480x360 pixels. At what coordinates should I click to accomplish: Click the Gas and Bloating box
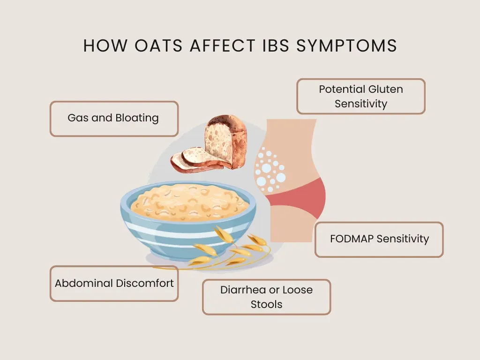114,119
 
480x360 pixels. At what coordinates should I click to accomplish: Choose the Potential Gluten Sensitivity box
361,96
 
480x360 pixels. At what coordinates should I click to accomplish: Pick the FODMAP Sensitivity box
379,239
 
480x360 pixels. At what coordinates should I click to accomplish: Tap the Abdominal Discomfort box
114,284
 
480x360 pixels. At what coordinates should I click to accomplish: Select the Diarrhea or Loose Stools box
266,297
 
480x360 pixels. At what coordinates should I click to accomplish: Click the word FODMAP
352,239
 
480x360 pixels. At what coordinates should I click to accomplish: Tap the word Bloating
137,118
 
